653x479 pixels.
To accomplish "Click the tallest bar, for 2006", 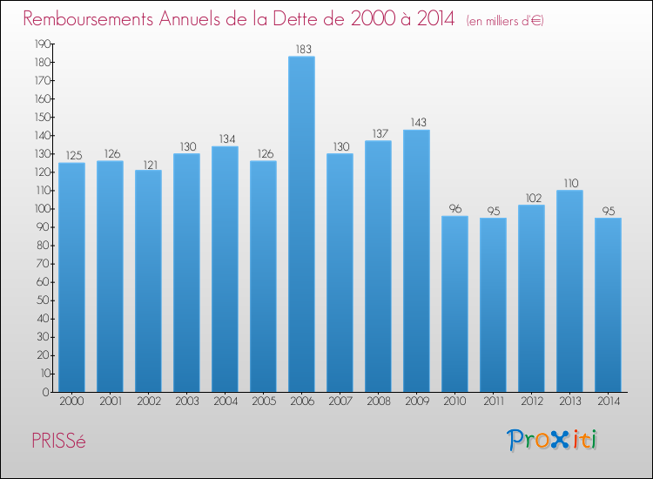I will pos(301,224).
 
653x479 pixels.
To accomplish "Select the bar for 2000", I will pos(71,277).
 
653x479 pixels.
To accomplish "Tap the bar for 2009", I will pos(416,260).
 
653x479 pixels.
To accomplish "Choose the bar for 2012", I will pos(531,298).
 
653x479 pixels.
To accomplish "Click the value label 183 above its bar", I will pos(301,49).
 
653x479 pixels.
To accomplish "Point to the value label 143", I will pos(416,122).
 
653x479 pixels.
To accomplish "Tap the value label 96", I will pos(454,208).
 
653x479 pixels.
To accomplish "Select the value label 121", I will pos(148,163).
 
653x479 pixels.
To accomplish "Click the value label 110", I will pos(569,183).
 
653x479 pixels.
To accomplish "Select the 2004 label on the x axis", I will pos(225,402).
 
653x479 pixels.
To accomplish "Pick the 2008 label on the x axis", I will pos(378,402).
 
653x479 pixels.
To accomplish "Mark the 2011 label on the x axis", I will pos(493,402).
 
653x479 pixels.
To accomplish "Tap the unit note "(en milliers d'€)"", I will pos(505,20).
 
